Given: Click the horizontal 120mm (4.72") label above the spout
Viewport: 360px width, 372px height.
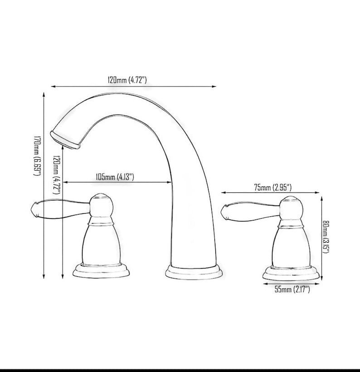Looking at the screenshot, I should click(127, 80).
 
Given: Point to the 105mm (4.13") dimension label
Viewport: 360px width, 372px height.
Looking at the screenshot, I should click(114, 177).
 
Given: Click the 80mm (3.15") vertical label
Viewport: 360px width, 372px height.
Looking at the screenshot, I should click(326, 237).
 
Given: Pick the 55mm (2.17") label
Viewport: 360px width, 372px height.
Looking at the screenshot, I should click(292, 289).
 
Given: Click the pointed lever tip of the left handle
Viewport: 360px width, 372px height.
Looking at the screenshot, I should click(33, 209).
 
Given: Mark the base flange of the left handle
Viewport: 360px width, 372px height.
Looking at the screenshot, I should click(102, 271).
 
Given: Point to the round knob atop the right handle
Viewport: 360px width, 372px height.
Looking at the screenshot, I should click(291, 208).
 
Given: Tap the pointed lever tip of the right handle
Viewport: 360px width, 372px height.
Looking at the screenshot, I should click(223, 210).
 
